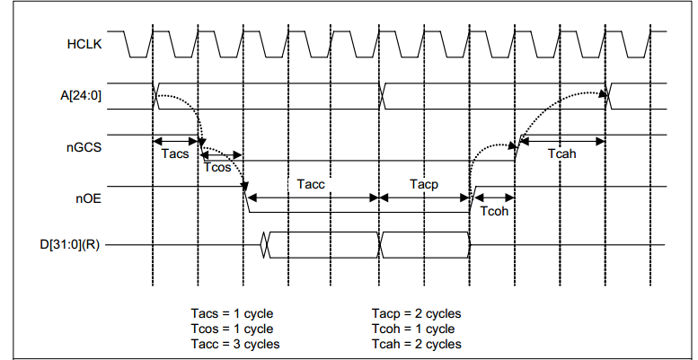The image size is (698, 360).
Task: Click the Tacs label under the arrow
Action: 174,154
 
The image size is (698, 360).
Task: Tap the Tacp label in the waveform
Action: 424,183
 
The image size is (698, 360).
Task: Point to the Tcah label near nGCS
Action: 562,154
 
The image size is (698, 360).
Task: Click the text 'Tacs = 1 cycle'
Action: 232,313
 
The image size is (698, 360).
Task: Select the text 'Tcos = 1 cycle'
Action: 232,329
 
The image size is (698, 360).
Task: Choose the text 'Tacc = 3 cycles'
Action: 235,344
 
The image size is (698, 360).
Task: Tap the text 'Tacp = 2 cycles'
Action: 416,313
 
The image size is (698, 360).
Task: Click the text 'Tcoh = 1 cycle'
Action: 412,329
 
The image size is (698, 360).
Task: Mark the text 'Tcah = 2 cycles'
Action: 416,344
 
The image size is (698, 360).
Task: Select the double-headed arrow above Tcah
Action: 562,140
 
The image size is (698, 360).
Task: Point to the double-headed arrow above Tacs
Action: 175,141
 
